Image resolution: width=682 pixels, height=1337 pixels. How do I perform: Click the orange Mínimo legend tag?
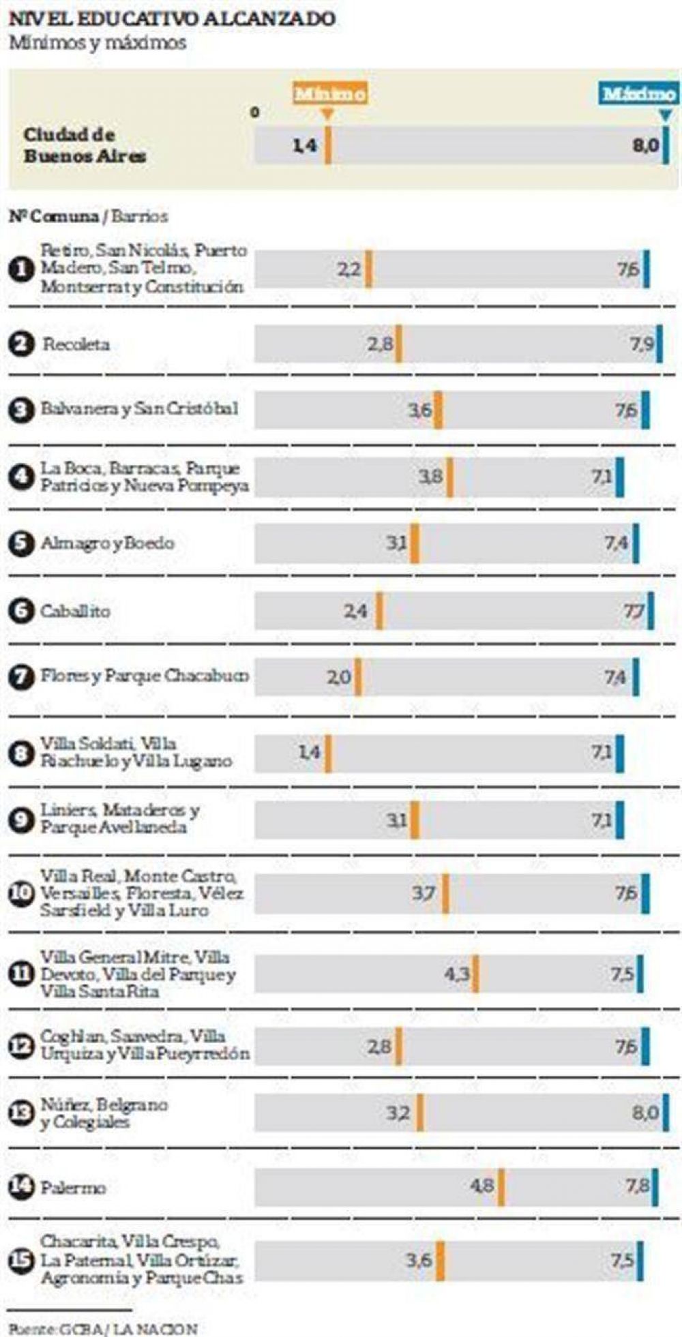[x=331, y=93]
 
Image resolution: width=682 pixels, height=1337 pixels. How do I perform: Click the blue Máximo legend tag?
[x=639, y=93]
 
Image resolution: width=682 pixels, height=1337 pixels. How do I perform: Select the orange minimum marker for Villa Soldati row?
[x=328, y=753]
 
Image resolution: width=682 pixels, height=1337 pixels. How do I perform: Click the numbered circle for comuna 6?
[x=21, y=611]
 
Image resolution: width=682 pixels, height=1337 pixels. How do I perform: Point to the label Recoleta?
[x=76, y=344]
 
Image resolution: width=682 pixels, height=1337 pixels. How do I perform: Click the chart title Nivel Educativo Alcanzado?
[x=172, y=18]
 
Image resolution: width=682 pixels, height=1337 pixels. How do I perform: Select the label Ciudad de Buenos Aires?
[x=85, y=145]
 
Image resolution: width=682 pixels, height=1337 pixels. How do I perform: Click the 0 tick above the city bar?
[x=254, y=112]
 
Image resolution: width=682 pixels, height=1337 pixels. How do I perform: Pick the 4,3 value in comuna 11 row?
[x=456, y=974]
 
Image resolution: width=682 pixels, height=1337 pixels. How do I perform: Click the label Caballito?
[x=75, y=611]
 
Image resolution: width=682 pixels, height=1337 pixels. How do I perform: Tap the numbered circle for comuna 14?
[x=21, y=1187]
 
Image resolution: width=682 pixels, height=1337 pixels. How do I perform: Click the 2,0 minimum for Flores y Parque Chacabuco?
[x=338, y=677]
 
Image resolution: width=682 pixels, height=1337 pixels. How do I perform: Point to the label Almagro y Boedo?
[x=108, y=543]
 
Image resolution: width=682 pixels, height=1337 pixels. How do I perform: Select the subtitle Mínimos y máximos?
[x=97, y=43]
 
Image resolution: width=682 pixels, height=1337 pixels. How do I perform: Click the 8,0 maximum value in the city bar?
[x=644, y=145]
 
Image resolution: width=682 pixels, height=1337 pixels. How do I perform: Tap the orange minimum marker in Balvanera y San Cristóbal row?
[x=439, y=410]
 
